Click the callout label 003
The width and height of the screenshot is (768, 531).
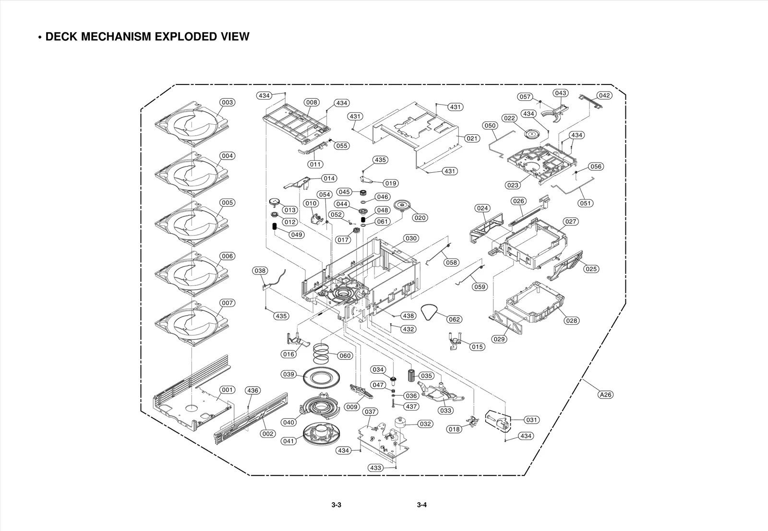[227, 102]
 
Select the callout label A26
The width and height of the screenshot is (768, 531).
[606, 395]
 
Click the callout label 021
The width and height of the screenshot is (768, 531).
[472, 138]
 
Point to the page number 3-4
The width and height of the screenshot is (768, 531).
[421, 505]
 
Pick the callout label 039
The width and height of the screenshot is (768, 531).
[288, 374]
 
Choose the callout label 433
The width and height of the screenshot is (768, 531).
[376, 468]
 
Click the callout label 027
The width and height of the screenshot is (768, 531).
[571, 222]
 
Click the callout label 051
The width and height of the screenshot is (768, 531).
[585, 203]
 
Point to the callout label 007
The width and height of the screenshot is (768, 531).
[227, 303]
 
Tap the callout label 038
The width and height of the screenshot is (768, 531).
[260, 271]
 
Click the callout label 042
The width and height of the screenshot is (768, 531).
[604, 95]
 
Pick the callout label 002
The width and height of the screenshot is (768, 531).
[268, 434]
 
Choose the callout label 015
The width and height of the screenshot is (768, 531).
[477, 346]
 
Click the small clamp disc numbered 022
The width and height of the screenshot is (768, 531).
[532, 134]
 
